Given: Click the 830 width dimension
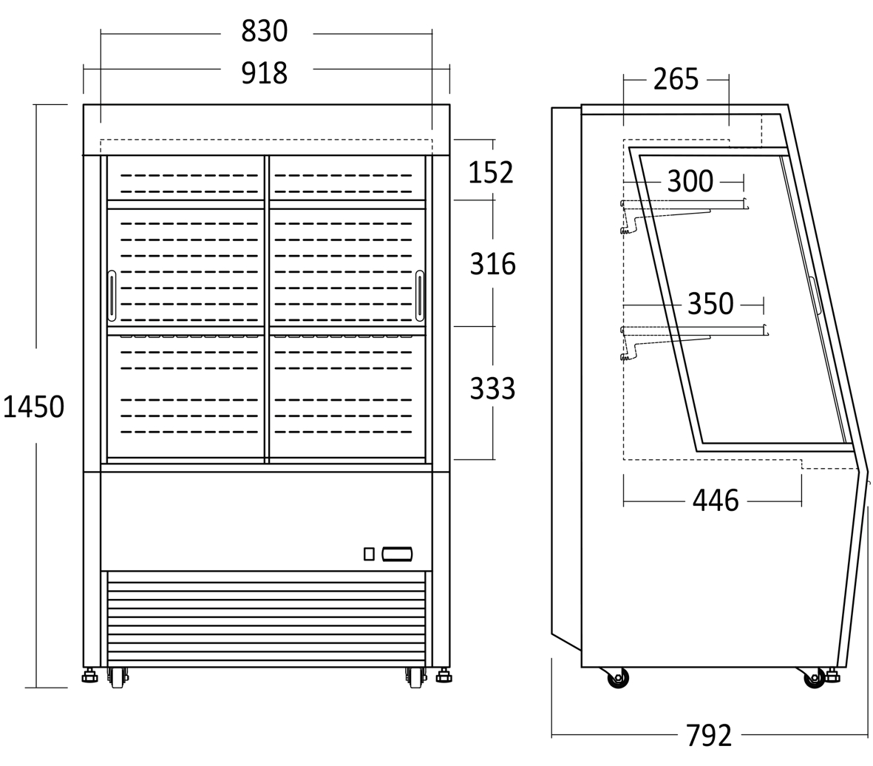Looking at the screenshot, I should (x=265, y=32).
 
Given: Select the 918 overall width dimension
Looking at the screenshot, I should (x=265, y=72).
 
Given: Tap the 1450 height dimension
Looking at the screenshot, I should (x=33, y=407).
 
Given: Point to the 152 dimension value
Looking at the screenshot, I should (x=490, y=172).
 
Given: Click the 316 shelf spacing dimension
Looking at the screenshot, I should (x=492, y=264).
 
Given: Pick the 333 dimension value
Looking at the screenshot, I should (x=492, y=388).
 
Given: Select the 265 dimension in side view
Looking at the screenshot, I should (x=676, y=79).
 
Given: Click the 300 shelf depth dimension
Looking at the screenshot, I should (x=690, y=181).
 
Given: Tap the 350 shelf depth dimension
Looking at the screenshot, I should (x=710, y=304).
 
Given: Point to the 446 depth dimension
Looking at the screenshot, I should (x=716, y=501).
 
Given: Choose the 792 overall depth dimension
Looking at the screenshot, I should (x=708, y=735).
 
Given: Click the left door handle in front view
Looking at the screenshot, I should (x=112, y=296).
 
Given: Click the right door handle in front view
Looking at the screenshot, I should (x=420, y=296).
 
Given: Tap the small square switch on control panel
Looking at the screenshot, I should (x=369, y=554).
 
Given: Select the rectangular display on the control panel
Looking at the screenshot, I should (x=397, y=555).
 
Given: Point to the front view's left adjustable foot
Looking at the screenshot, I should (x=89, y=676).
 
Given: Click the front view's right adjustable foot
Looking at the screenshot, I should (x=444, y=676).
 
